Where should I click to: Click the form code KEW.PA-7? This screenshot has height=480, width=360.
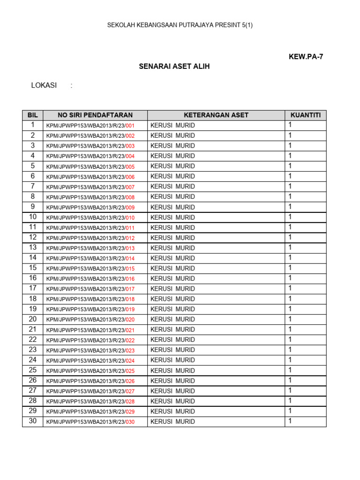[x=306, y=57]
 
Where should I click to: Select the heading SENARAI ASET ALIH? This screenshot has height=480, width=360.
[x=174, y=67]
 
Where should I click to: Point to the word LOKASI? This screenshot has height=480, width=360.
[x=44, y=85]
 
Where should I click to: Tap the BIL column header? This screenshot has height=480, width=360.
[x=32, y=115]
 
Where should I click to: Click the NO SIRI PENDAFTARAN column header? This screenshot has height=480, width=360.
[x=95, y=115]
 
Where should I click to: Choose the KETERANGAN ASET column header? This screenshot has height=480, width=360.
[x=216, y=115]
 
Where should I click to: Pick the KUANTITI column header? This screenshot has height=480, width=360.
[x=306, y=115]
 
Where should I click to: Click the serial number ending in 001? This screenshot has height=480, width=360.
[x=90, y=126]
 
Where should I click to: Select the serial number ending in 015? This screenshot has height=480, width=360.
[x=90, y=269]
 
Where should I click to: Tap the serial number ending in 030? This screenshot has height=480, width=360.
[x=90, y=422]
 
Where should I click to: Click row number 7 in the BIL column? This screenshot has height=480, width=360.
[x=33, y=186]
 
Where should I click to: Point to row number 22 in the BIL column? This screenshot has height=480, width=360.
[x=33, y=339]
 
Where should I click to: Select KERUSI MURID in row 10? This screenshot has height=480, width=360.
[x=172, y=217]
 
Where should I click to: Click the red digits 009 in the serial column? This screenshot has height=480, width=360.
[x=130, y=208]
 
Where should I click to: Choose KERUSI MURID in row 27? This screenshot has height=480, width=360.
[x=172, y=391]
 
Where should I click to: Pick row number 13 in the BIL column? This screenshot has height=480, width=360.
[x=33, y=247]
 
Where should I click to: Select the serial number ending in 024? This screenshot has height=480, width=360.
[x=90, y=360]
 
